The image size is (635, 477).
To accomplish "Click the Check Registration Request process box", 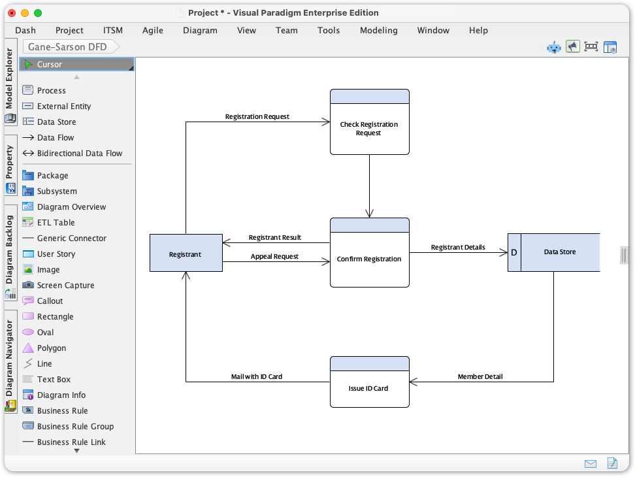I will [x=369, y=129].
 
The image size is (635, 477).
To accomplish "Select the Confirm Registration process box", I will [x=369, y=259].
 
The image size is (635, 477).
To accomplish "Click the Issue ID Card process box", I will [x=369, y=388].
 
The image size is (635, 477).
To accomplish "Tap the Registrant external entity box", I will [x=186, y=254].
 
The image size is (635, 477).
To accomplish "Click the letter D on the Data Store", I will [x=514, y=252].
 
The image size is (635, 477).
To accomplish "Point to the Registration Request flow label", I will [x=257, y=116].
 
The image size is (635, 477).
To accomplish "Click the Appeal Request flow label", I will [x=274, y=256].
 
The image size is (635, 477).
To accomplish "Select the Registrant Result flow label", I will [x=274, y=237].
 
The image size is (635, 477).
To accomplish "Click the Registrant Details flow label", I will [x=457, y=247].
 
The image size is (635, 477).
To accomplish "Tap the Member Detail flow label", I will [x=480, y=376].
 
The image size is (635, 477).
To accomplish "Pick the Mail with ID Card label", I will [x=257, y=376].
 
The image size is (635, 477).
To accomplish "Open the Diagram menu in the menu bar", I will [x=200, y=30].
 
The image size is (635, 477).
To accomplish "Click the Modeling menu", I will [x=378, y=30].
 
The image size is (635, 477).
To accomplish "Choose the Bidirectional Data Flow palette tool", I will [x=79, y=153].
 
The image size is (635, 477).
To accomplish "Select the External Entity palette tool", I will [x=63, y=106].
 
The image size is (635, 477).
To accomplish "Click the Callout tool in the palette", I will [x=50, y=301].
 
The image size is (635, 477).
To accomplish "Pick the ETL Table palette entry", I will [x=56, y=222].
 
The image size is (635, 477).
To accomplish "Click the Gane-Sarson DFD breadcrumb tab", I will [x=67, y=47].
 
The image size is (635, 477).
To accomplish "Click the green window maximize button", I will [x=38, y=12].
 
